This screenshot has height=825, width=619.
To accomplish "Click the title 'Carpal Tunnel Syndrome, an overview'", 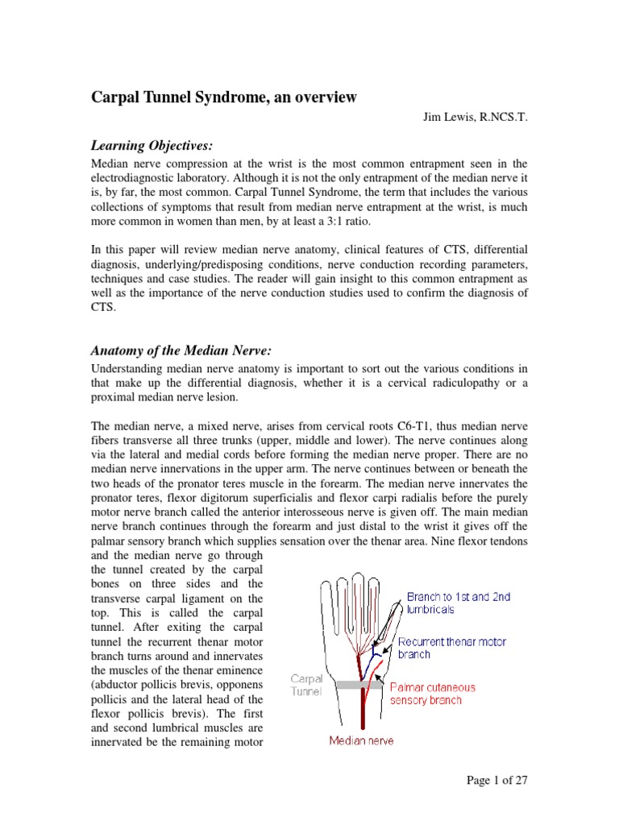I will (x=222, y=97).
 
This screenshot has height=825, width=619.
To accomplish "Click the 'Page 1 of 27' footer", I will (x=497, y=780).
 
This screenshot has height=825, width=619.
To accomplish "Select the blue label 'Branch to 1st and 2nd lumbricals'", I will (x=458, y=603).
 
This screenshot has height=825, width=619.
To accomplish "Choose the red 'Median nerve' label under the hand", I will (x=362, y=740).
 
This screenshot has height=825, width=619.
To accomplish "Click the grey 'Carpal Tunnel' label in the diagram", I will (x=305, y=686).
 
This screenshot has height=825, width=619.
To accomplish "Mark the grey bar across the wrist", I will (x=359, y=684).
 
